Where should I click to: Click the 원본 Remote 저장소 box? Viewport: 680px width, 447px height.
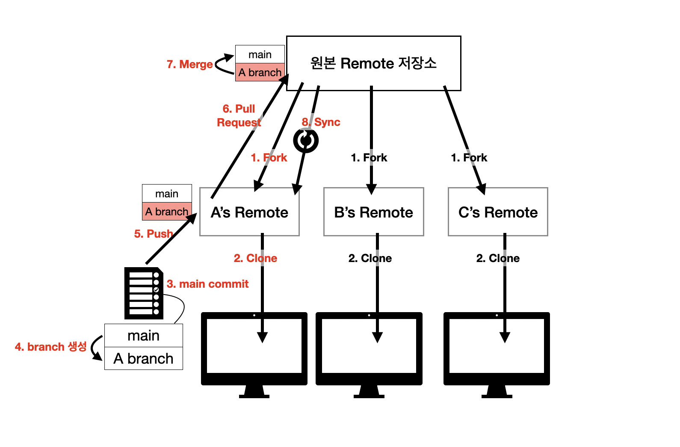pyautogui.click(x=374, y=63)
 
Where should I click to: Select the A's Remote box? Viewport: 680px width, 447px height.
pyautogui.click(x=249, y=212)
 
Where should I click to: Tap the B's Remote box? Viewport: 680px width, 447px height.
pyautogui.click(x=374, y=212)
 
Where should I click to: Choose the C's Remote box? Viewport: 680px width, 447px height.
pyautogui.click(x=498, y=212)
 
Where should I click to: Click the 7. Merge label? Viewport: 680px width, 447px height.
pyautogui.click(x=190, y=64)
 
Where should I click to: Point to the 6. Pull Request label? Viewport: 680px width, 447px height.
pyautogui.click(x=239, y=116)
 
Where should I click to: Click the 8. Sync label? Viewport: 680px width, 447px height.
pyautogui.click(x=321, y=122)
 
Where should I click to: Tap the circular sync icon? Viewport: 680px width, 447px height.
pyautogui.click(x=306, y=140)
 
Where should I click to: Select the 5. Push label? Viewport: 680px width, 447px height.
pyautogui.click(x=154, y=234)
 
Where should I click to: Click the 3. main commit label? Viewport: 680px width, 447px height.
pyautogui.click(x=208, y=284)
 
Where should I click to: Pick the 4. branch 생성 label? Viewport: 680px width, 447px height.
pyautogui.click(x=51, y=347)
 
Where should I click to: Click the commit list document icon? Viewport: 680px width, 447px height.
pyautogui.click(x=144, y=293)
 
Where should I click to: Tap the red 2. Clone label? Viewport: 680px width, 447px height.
pyautogui.click(x=255, y=258)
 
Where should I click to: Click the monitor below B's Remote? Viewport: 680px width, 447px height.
pyautogui.click(x=369, y=355)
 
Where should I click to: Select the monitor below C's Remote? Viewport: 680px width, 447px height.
pyautogui.click(x=497, y=355)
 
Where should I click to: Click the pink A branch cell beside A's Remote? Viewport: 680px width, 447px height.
pyautogui.click(x=167, y=211)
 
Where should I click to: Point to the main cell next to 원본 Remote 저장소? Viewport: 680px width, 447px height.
pyautogui.click(x=260, y=54)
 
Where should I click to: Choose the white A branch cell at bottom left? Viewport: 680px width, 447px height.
pyautogui.click(x=144, y=358)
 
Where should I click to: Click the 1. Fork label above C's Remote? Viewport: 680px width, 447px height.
pyautogui.click(x=469, y=158)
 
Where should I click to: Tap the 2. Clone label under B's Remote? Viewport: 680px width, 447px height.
pyautogui.click(x=370, y=258)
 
